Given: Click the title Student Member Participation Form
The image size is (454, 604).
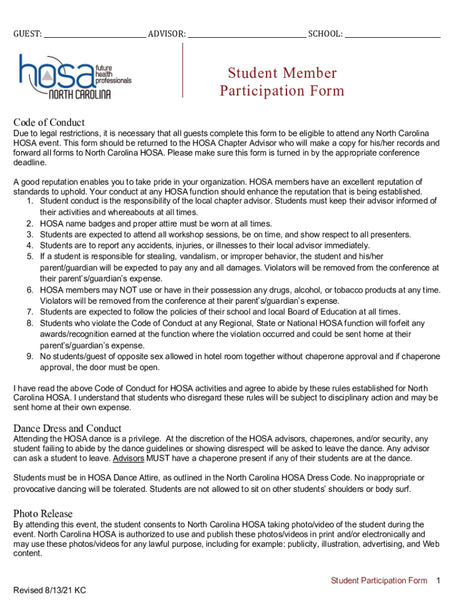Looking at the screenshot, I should coord(282,82).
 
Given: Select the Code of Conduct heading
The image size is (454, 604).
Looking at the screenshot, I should coord(49,123).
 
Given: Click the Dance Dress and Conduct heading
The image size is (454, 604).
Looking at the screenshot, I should coord(67,428).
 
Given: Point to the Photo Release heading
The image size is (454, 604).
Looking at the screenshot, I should coord(43,514).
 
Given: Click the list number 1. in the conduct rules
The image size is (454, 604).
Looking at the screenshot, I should coord(30,201).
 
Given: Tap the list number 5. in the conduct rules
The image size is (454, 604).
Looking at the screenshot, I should coord(30,257).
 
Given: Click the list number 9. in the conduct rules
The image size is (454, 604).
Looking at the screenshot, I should coord(30,357).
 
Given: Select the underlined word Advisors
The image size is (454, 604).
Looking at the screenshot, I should coord(129,459).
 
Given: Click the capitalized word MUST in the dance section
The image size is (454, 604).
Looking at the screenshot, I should coord(158,459).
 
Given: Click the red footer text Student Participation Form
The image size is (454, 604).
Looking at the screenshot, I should coord(379,581).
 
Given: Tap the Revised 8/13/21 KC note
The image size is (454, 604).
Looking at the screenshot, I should coord(50,590).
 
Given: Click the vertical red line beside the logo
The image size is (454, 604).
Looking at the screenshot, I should coord(183,70).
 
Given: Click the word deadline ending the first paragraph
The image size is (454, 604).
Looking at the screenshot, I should coord(29,163).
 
